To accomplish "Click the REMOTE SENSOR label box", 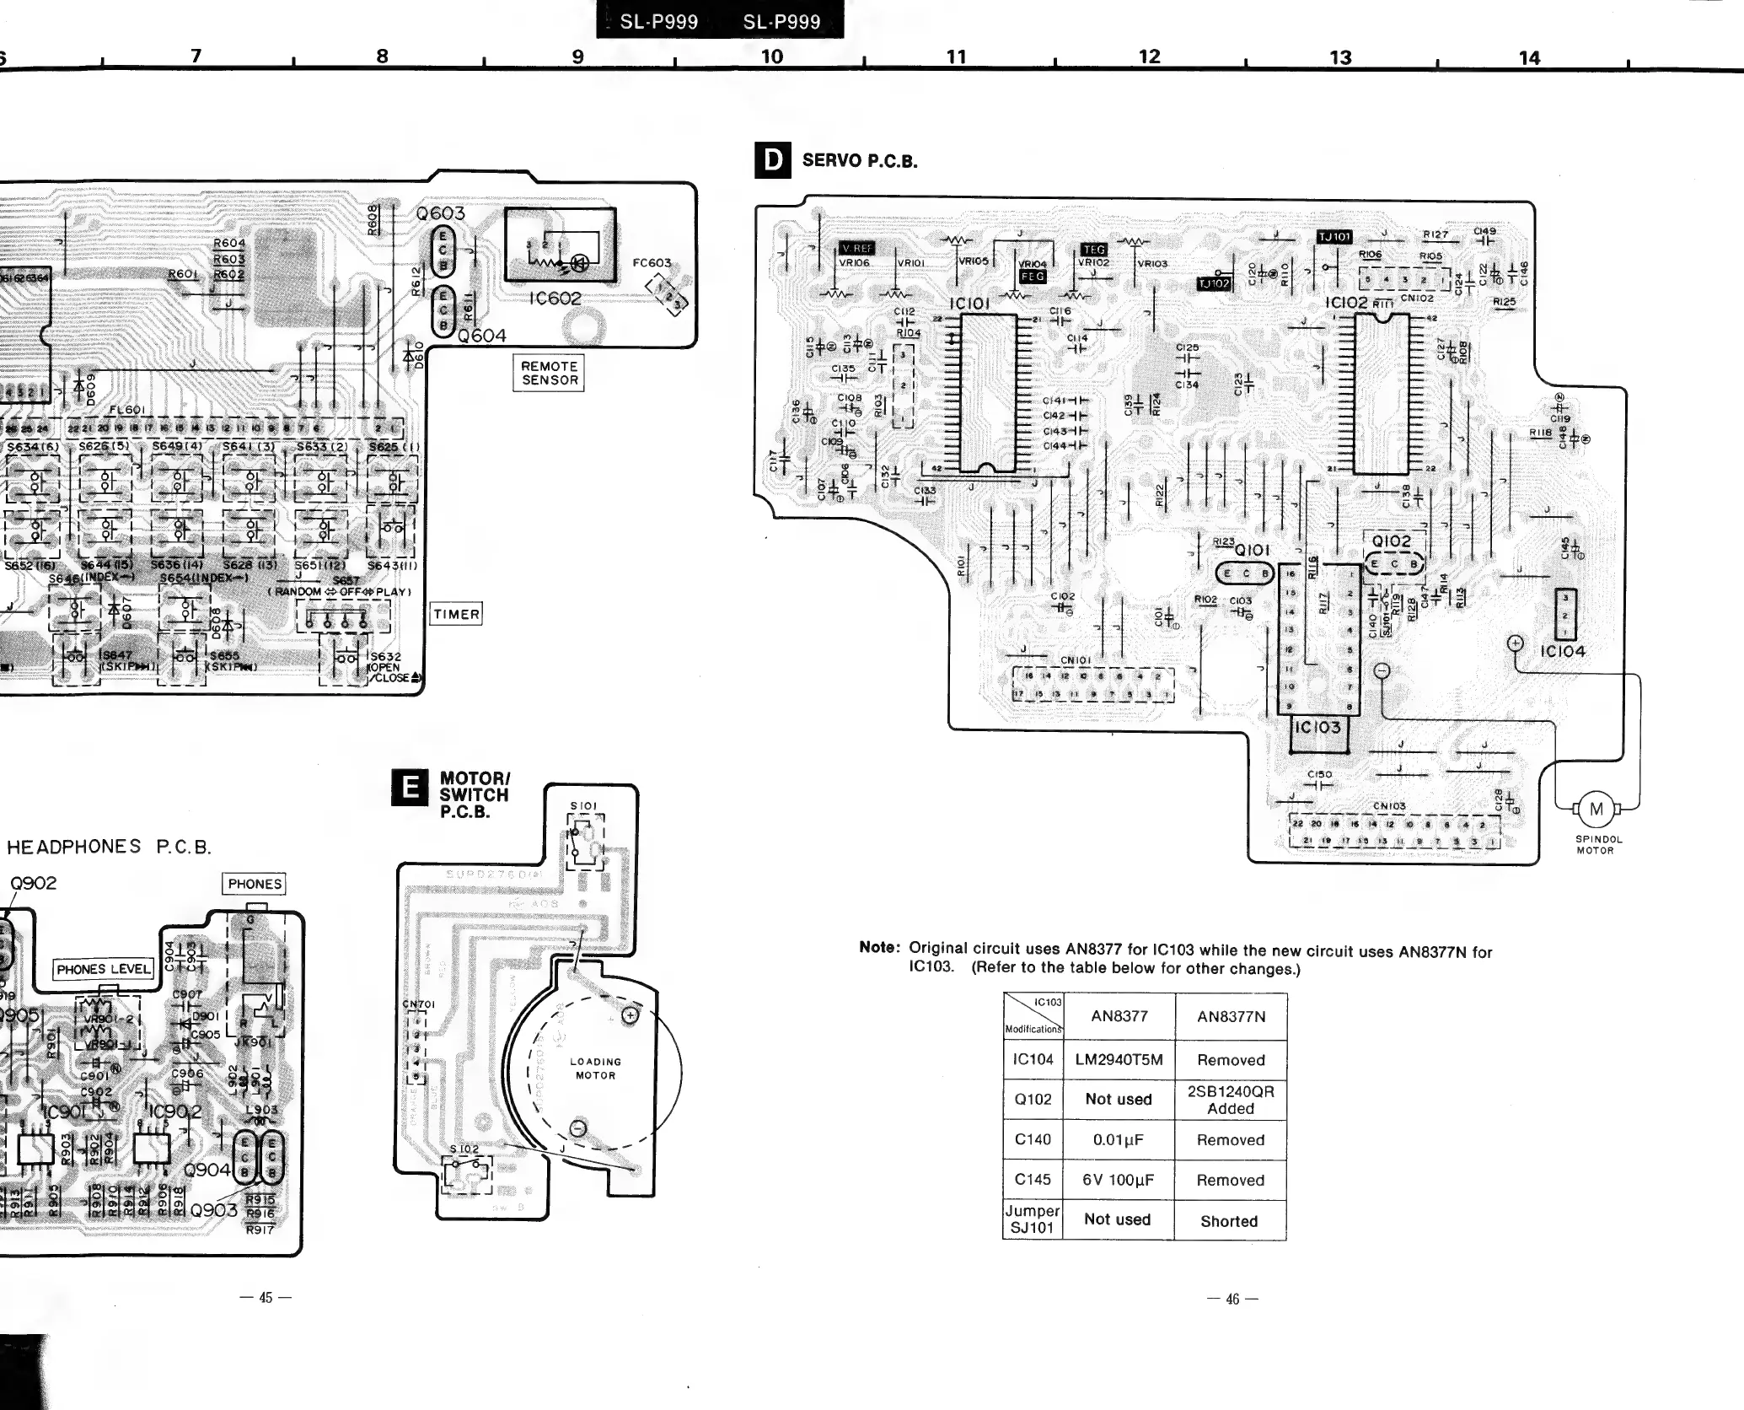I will click(549, 373).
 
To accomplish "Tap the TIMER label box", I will click(456, 614).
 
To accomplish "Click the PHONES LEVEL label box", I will click(104, 969).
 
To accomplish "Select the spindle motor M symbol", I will click(1596, 810).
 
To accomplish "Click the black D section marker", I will click(772, 160).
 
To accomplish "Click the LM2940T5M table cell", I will click(1119, 1059).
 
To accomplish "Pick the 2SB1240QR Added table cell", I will click(1231, 1100).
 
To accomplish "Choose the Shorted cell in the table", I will click(1229, 1220).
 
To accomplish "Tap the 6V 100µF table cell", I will click(1119, 1180).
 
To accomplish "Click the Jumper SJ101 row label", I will click(1033, 1219).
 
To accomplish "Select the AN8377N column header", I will click(1231, 1016).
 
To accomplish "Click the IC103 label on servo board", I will click(1317, 727).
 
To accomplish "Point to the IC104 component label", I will click(1562, 651).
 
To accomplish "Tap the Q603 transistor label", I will click(440, 214).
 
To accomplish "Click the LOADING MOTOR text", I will click(595, 1068).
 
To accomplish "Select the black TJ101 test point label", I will click(1333, 237).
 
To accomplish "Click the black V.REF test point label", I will click(857, 248).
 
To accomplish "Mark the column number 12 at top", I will click(1149, 57).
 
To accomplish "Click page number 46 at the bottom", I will click(1232, 1299).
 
